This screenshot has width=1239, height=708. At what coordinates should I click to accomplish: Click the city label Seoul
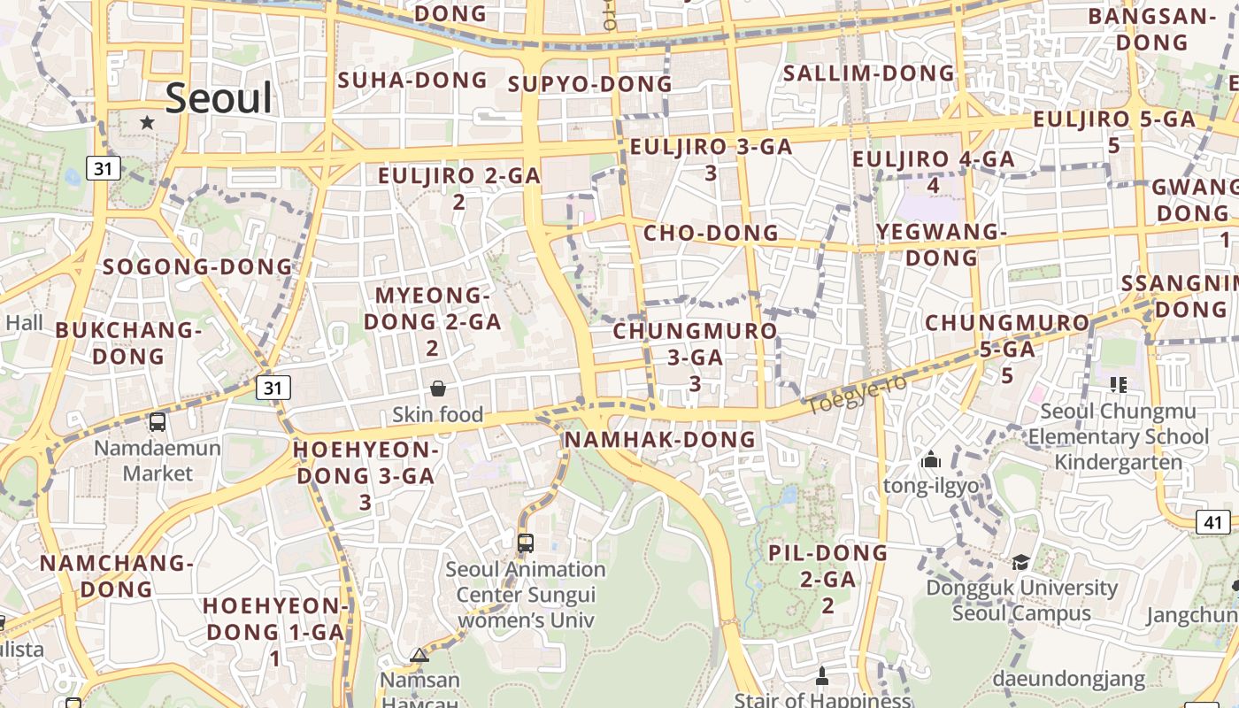(219, 97)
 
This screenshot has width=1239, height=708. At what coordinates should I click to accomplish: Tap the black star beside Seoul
(147, 122)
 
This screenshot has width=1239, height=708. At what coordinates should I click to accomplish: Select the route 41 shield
(1212, 522)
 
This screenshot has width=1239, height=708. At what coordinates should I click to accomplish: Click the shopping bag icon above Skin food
(437, 389)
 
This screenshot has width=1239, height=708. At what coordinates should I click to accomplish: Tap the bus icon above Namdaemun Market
(158, 422)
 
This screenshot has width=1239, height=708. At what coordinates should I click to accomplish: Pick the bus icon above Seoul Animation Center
(526, 543)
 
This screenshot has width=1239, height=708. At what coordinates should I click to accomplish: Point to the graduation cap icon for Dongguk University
(1020, 563)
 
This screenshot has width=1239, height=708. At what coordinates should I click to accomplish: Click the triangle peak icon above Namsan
(419, 656)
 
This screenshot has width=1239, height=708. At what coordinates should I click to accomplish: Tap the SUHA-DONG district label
(412, 81)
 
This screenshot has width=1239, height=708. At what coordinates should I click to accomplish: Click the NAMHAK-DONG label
(660, 440)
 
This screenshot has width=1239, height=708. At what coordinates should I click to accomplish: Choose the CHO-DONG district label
(711, 234)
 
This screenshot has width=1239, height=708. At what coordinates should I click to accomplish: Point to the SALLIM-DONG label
(869, 73)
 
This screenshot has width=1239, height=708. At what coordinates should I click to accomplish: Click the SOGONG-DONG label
(197, 267)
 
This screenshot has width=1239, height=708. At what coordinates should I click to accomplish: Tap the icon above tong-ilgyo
(930, 460)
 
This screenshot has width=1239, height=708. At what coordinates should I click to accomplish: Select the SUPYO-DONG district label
(590, 85)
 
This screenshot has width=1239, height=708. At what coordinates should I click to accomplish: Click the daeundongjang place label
(1068, 680)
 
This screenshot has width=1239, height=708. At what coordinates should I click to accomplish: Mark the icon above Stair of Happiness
(821, 677)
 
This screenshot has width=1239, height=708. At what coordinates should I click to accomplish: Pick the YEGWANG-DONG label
(942, 245)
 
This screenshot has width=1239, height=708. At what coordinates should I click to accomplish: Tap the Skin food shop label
(437, 414)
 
